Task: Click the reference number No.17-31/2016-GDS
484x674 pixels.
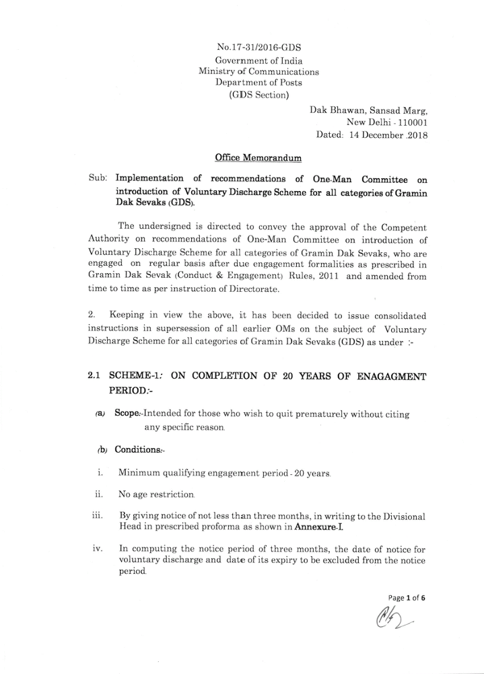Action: pyautogui.click(x=259, y=48)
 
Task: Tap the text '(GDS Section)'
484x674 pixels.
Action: pyautogui.click(x=258, y=94)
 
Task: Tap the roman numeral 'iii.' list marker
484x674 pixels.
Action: pyautogui.click(x=97, y=516)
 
